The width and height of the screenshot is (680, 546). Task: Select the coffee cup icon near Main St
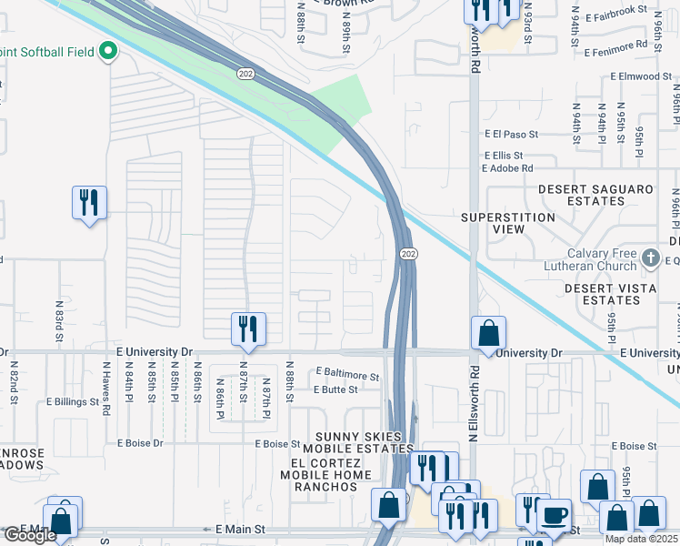[x=554, y=514]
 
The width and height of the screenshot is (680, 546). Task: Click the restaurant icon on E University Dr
[x=248, y=329]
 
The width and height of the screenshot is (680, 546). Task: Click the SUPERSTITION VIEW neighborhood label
[x=507, y=223]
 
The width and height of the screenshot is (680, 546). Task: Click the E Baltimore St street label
[x=346, y=375]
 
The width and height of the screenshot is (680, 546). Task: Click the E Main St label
[x=239, y=528]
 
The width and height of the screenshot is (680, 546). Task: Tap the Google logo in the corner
[x=30, y=536]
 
